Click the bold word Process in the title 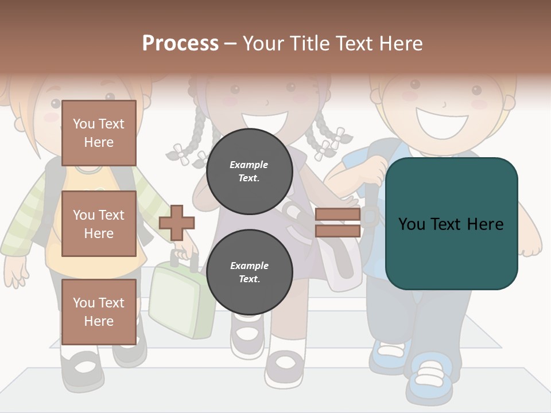pyautogui.click(x=180, y=43)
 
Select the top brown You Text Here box pyautogui.click(x=99, y=133)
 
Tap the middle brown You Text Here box pyautogui.click(x=99, y=224)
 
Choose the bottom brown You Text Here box pyautogui.click(x=99, y=311)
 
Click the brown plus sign pyautogui.click(x=176, y=223)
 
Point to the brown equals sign pyautogui.click(x=337, y=223)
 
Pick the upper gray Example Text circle pyautogui.click(x=249, y=171)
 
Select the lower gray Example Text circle pyautogui.click(x=249, y=272)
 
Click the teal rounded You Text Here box pyautogui.click(x=451, y=223)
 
